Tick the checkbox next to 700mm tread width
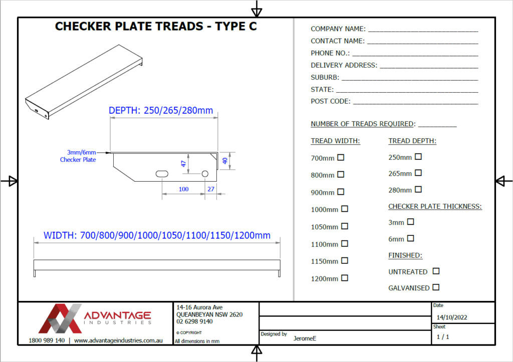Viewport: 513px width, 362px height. coord(341,158)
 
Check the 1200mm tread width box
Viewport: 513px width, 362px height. coord(345,278)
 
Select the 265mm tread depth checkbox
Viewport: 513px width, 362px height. coord(418,173)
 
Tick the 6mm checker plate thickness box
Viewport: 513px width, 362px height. coord(410,238)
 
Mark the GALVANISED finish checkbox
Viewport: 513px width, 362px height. coord(436,287)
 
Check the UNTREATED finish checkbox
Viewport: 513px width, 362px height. coord(436,271)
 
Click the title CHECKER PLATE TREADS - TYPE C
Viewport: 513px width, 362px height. coord(156,27)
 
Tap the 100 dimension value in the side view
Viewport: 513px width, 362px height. coord(183,189)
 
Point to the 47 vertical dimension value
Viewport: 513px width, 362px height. coord(183,163)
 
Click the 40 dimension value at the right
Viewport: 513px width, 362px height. coord(225,161)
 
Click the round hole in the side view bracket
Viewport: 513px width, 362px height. coord(205,173)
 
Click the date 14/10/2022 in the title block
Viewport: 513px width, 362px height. coord(452,317)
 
